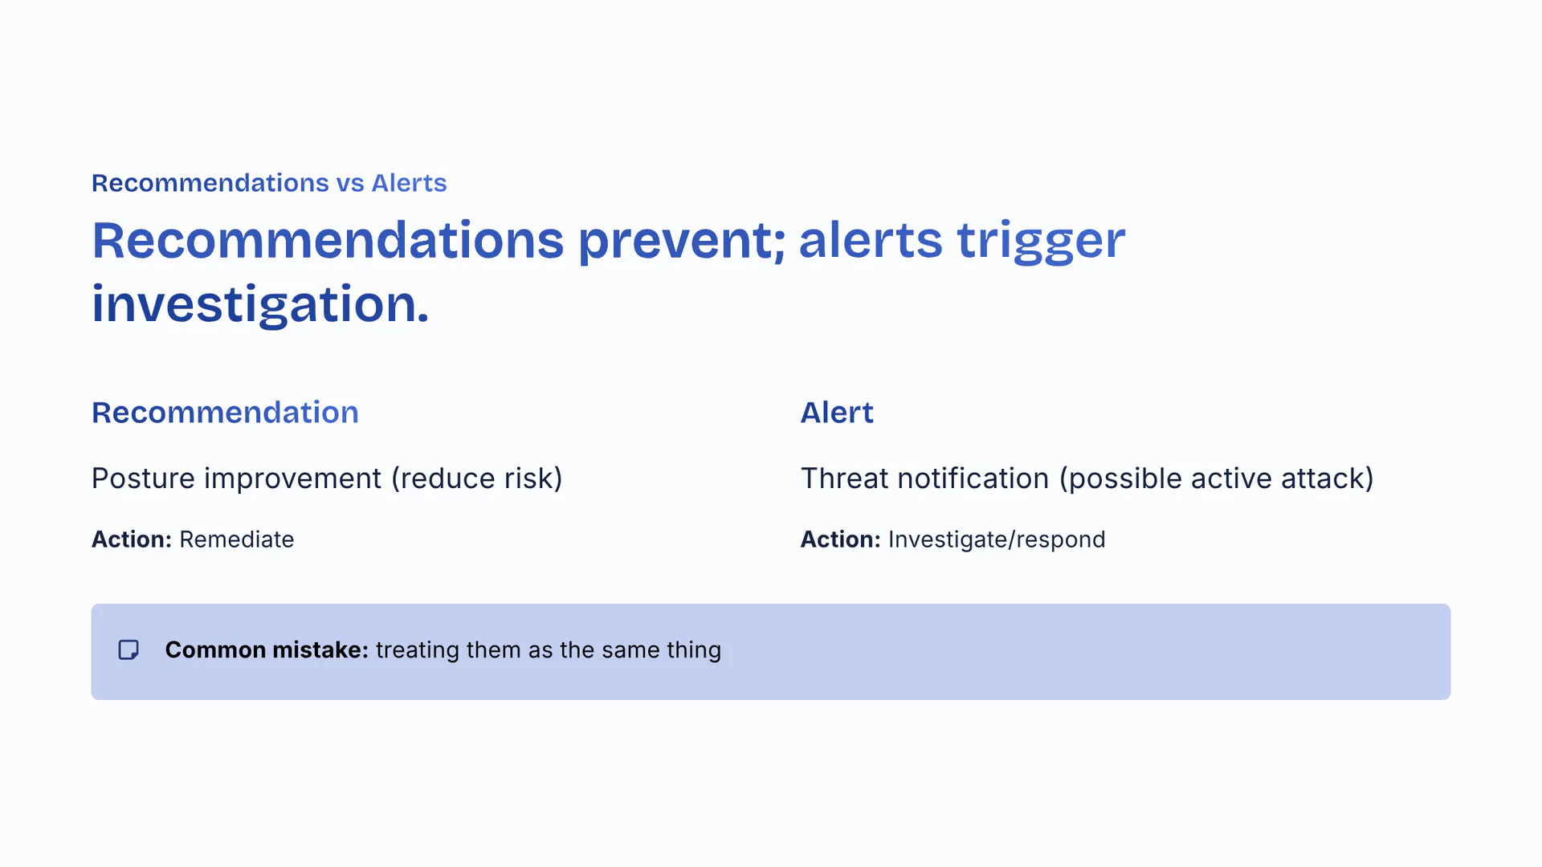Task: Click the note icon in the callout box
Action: coord(128,649)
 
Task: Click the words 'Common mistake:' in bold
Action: coord(267,649)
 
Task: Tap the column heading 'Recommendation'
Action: coord(225,413)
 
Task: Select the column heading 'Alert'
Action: coord(837,413)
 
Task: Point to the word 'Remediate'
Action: coord(237,539)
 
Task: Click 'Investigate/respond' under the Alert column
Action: coord(997,539)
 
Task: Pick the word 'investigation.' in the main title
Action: coord(260,304)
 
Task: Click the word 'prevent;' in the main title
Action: coord(682,240)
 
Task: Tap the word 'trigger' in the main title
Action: coord(1041,240)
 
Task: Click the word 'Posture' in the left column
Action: coord(144,478)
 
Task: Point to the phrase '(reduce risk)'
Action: coord(477,478)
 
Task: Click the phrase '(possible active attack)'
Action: coord(1217,478)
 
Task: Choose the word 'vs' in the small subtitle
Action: coord(350,183)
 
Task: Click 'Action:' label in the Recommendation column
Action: coord(132,539)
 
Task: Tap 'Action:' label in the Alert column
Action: coord(841,539)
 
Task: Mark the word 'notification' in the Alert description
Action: coord(973,478)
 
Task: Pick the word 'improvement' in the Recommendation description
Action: coord(292,478)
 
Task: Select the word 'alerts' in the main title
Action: coord(871,240)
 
